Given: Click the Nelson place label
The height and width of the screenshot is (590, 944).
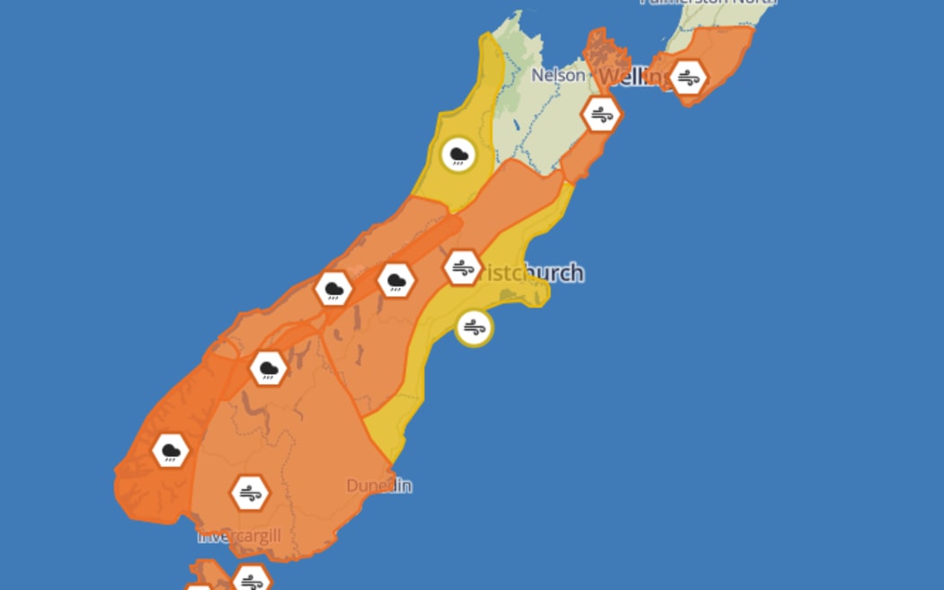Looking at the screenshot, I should pos(557,76).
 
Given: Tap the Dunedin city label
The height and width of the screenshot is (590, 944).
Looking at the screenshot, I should pos(378,486).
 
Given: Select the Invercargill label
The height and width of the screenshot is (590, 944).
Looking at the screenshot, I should pos(239,536).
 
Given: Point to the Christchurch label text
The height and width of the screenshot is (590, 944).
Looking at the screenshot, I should pos(530,273).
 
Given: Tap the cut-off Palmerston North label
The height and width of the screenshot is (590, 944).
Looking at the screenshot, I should pos(707,3).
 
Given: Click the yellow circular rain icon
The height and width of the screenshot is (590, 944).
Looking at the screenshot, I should pos(459,156).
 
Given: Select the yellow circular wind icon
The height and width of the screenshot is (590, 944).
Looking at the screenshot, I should pos(474,328).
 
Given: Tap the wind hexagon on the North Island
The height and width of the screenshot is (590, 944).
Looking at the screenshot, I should pos(689,78).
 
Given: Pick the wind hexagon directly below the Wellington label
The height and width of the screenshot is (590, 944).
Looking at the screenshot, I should pos(601,114).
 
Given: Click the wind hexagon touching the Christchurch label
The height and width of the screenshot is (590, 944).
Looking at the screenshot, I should pos(463,268).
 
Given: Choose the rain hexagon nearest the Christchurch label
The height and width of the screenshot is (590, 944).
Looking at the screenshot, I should pos(396,281).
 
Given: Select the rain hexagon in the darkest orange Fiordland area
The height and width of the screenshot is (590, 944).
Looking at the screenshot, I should pos(170,451).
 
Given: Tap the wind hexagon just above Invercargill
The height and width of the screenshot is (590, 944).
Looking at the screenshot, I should pos(249,493).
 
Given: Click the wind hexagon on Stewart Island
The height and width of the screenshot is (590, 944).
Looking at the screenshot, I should pos(251,580).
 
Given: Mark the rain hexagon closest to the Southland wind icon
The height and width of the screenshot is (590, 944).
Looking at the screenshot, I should pos(268,368).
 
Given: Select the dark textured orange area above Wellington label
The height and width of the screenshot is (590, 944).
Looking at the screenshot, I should pos(598,49).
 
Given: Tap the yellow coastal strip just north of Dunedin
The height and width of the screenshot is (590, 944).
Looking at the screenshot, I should pos(396,432).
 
